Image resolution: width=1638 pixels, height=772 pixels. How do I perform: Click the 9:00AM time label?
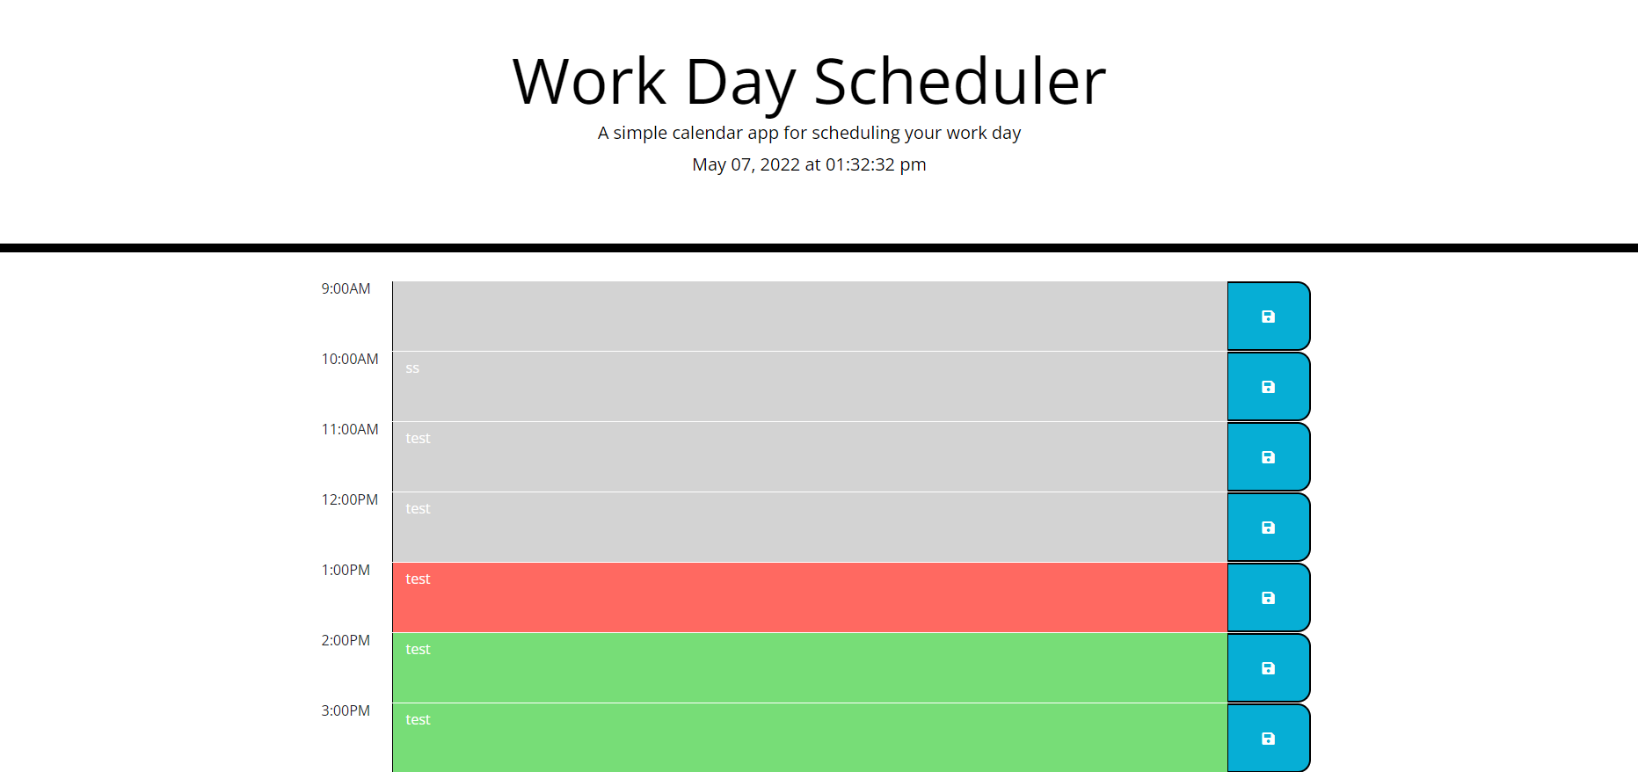(346, 288)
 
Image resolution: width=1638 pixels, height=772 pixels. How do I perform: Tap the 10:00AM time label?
(350, 359)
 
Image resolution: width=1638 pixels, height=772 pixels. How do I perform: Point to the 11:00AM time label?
(350, 429)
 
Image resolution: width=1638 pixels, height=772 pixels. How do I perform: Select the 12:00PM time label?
(350, 499)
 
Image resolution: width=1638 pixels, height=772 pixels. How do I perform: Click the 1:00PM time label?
(346, 570)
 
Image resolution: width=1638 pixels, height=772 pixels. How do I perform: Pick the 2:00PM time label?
(346, 640)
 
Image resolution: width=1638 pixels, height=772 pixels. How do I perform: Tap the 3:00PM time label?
(346, 710)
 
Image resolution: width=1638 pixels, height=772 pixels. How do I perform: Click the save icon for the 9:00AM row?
(1268, 317)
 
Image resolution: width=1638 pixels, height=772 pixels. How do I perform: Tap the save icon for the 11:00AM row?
(1268, 457)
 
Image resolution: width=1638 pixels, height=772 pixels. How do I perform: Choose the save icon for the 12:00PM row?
(1268, 528)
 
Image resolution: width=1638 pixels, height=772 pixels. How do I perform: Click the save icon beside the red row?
(1268, 598)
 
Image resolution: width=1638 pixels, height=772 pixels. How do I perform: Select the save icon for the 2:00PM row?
(1268, 668)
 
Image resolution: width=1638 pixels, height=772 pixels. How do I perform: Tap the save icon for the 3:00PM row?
(1268, 739)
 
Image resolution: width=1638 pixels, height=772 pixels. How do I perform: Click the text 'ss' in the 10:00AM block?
(412, 368)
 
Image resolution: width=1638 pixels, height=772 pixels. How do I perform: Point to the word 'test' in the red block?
(418, 579)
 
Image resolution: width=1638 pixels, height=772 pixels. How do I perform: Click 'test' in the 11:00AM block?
(418, 438)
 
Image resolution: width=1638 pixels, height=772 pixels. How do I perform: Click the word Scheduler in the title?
(959, 82)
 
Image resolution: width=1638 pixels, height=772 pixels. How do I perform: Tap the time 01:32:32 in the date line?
(860, 164)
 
